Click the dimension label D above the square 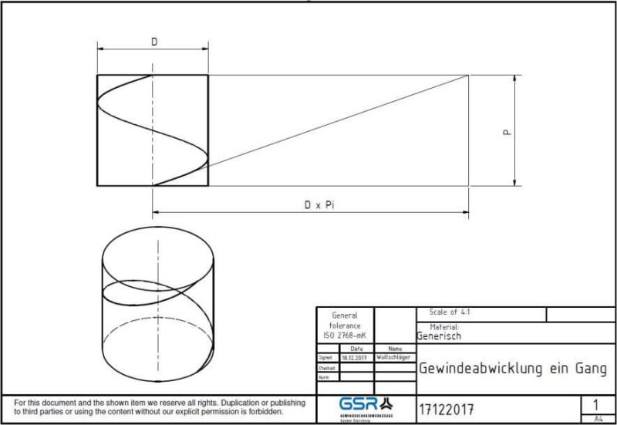tap(153, 42)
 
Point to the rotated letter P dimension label tap(507, 132)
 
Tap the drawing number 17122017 tap(447, 408)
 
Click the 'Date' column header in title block tap(356, 349)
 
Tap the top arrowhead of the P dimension tap(514, 78)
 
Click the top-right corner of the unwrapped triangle tap(469, 75)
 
